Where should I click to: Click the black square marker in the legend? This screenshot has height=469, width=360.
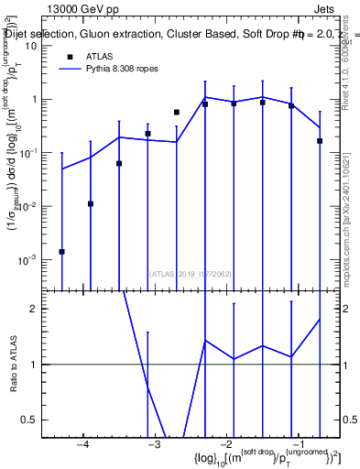tap(70, 56)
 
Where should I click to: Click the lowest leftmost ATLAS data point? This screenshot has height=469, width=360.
tap(61, 251)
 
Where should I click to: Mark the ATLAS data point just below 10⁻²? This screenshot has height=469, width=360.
tap(91, 203)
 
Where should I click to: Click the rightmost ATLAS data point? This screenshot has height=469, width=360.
tap(320, 141)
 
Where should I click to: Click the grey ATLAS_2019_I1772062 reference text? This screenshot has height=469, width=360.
tap(191, 273)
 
